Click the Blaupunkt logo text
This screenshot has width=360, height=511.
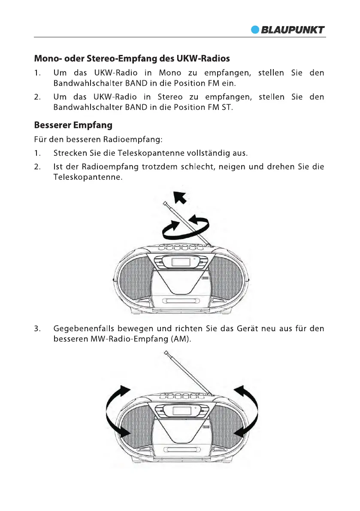point(293,30)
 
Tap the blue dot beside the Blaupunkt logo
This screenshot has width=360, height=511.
point(256,30)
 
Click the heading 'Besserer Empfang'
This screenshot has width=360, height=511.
point(73,125)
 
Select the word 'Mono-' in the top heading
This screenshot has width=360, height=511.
point(49,58)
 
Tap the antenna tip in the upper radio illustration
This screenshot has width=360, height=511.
point(165,203)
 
